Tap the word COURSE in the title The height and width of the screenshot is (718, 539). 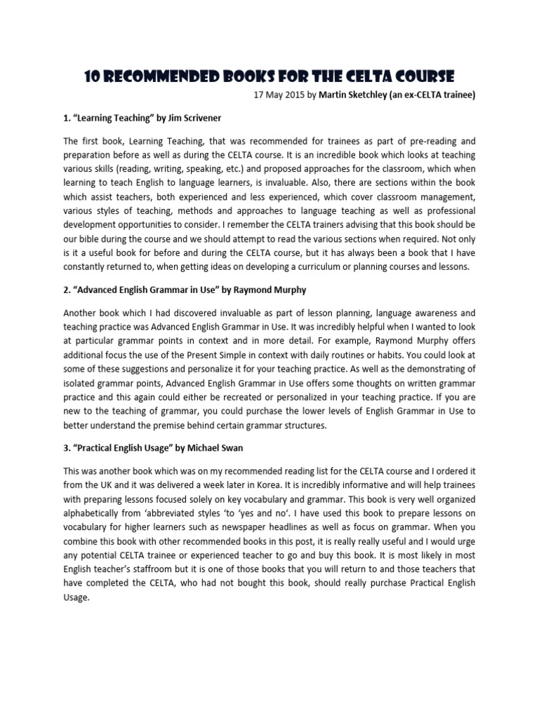click(420, 75)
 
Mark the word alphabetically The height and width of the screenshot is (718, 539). click(95, 513)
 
